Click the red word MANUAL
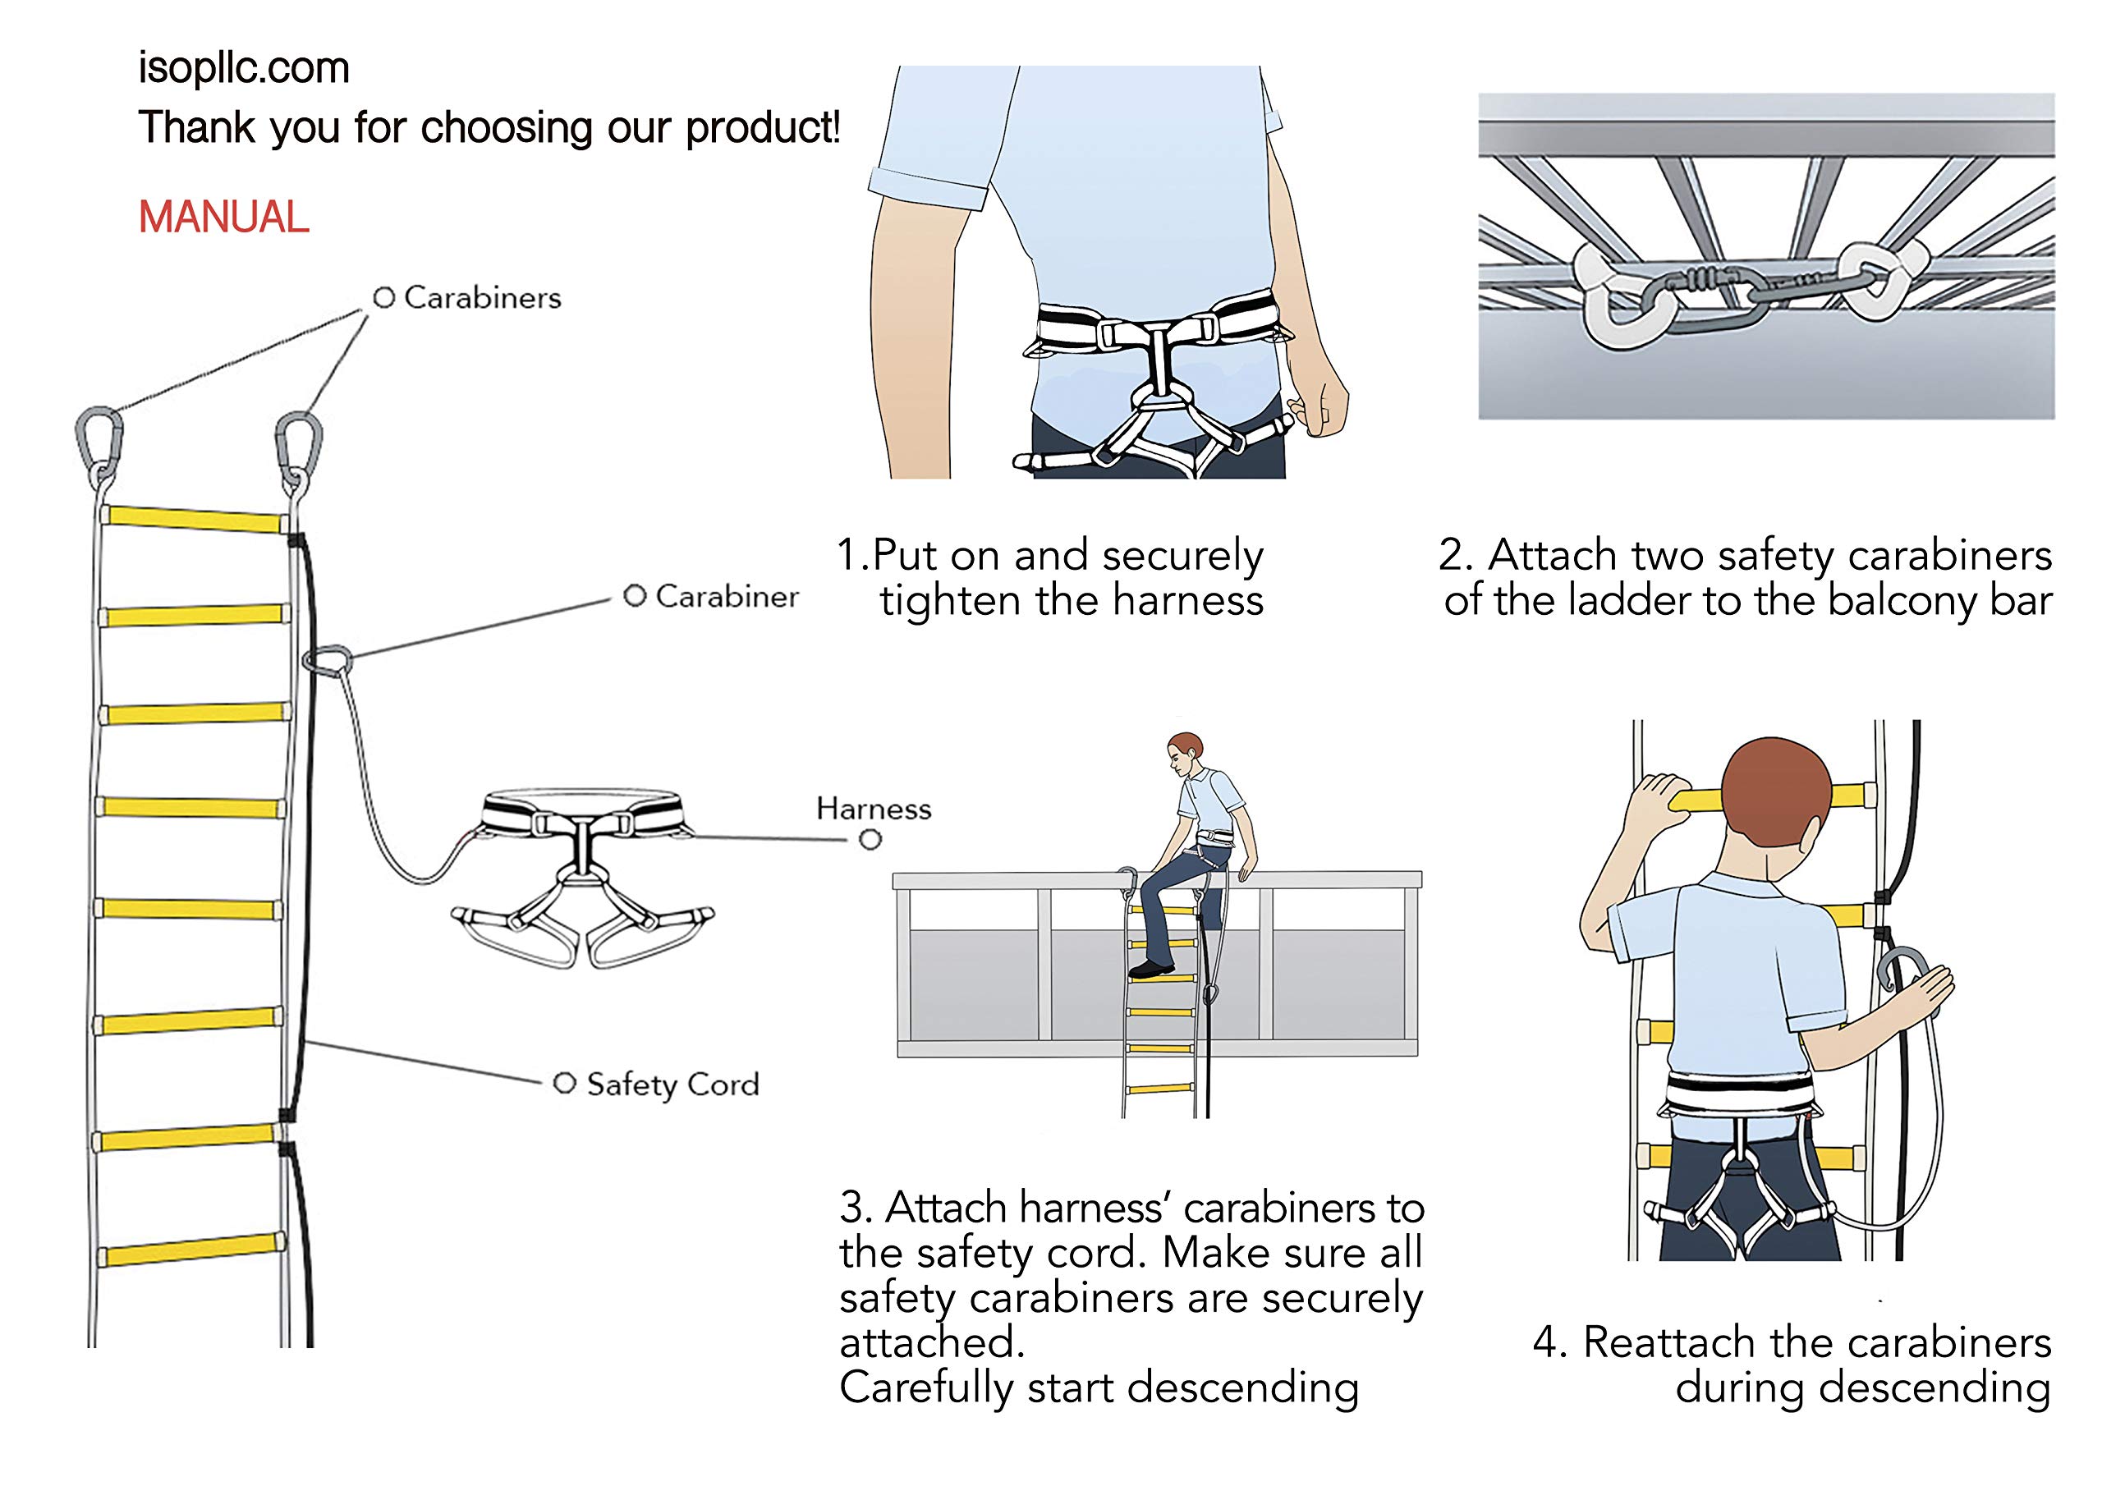coord(223,217)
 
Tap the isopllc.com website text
coord(244,68)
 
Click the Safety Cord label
coord(672,1084)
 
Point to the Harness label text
coord(874,809)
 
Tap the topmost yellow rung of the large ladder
coord(194,519)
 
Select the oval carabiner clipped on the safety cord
coord(328,659)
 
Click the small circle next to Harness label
coord(870,840)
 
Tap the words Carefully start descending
coord(1099,1387)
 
